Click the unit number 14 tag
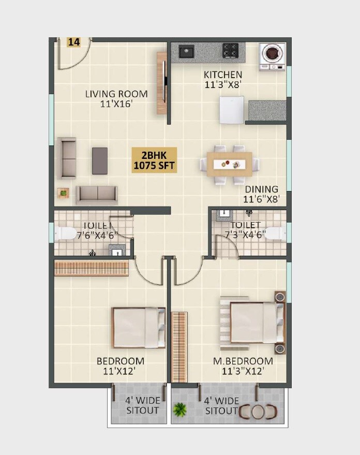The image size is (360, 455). (74, 42)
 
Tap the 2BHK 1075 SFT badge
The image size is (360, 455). (154, 160)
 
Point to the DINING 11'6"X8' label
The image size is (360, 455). (261, 194)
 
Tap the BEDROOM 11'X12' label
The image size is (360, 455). (121, 366)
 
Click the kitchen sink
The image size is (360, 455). (186, 51)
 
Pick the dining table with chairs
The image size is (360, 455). (229, 165)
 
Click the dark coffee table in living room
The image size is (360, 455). (100, 160)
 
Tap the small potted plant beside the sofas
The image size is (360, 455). (63, 193)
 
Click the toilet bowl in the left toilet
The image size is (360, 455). (65, 233)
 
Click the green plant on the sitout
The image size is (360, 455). (180, 410)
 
